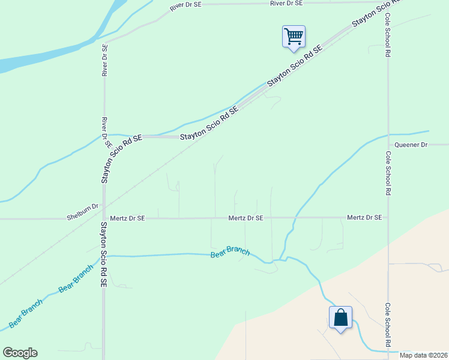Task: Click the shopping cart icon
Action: click(x=294, y=36)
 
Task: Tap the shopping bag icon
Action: click(x=340, y=317)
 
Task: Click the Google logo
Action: click(x=20, y=353)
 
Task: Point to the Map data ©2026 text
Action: click(x=424, y=355)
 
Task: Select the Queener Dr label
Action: click(x=411, y=145)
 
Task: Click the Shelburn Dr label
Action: click(x=82, y=206)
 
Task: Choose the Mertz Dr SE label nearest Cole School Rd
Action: click(x=364, y=218)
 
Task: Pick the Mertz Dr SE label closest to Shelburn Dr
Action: click(x=127, y=218)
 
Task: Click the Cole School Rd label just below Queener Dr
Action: click(x=388, y=174)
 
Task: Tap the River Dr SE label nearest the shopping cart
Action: click(x=287, y=4)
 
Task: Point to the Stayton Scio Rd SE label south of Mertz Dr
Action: click(x=103, y=254)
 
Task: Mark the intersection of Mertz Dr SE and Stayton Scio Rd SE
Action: click(x=104, y=218)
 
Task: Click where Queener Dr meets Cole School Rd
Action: click(x=388, y=145)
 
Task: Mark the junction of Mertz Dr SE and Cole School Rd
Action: click(x=388, y=218)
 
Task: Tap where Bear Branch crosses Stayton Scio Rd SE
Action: click(x=104, y=256)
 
